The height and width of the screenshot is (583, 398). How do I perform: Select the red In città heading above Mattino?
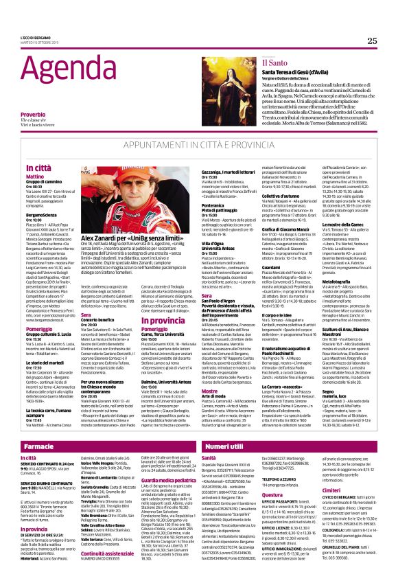click(x=38, y=168)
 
